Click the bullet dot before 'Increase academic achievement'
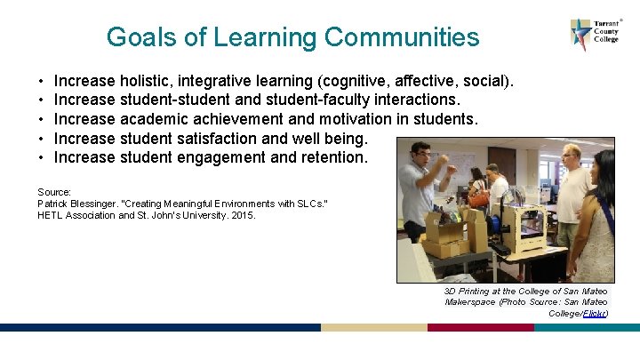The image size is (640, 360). (x=42, y=119)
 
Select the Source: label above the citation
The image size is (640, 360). (x=54, y=191)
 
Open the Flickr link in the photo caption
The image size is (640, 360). (x=595, y=313)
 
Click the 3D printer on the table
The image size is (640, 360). (x=524, y=227)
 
